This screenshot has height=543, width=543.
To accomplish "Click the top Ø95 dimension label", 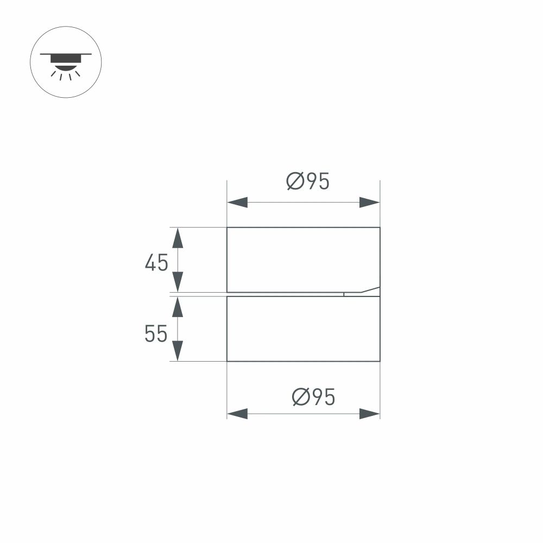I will (x=308, y=182).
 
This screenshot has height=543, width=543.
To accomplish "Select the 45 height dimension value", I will (x=156, y=263).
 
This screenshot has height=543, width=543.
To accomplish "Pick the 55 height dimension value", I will (x=156, y=334).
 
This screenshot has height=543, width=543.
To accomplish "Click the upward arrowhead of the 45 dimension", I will (x=177, y=237).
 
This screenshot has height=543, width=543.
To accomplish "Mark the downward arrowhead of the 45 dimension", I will (x=177, y=282).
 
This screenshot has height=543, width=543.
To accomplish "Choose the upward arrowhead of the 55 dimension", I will (x=177, y=307).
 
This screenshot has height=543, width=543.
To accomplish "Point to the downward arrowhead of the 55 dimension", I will (x=177, y=351).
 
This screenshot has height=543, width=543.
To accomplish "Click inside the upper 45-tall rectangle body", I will (x=303, y=260).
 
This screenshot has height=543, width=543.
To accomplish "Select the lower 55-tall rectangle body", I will (x=303, y=329).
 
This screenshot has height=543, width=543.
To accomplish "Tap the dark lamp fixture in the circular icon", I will (x=65, y=59).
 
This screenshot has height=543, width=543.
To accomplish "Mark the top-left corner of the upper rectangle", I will (x=227, y=228).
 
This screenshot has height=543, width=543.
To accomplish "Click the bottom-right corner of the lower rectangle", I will (x=380, y=361).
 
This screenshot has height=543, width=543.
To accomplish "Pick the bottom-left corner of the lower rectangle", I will (x=227, y=361).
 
